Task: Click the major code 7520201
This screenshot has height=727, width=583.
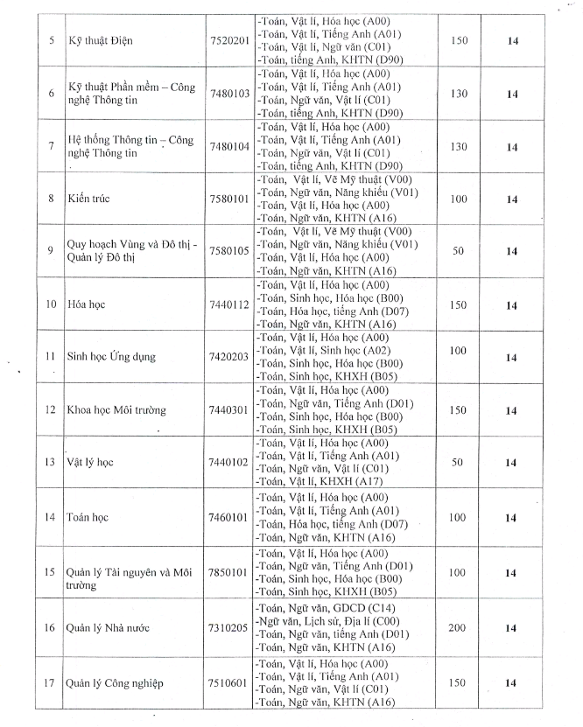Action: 229,40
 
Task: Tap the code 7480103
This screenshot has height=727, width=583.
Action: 229,94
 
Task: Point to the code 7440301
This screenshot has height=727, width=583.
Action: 229,409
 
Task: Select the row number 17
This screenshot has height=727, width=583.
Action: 50,683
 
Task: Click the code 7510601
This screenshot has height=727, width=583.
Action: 229,683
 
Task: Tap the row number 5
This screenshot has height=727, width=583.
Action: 50,40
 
